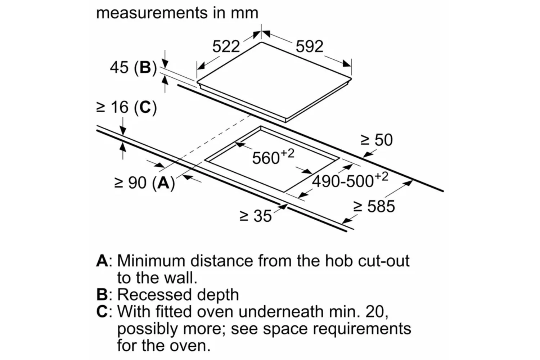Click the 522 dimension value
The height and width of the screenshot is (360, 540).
[226, 46]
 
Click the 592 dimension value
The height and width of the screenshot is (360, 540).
[309, 46]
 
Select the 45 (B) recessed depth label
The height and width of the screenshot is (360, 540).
[133, 68]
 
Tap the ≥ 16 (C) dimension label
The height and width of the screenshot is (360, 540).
[127, 107]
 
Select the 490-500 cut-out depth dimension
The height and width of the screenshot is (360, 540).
[350, 180]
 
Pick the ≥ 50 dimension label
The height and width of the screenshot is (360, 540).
[377, 140]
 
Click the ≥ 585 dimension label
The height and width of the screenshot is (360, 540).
[374, 206]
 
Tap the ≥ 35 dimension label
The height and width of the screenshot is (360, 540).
[256, 216]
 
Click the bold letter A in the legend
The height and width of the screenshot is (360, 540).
[102, 261]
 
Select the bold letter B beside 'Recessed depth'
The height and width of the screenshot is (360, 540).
[102, 294]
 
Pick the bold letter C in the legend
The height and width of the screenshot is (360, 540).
[102, 311]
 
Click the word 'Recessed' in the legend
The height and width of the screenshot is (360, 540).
[154, 294]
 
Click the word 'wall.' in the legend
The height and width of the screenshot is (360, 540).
[181, 278]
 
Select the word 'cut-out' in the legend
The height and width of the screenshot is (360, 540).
[383, 261]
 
